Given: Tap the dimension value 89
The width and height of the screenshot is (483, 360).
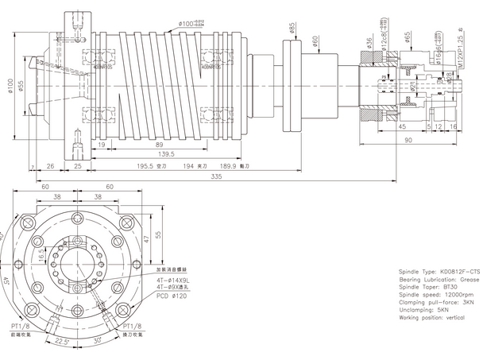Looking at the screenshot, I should click(x=160, y=144).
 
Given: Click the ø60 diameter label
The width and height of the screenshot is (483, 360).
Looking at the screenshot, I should click(x=315, y=40).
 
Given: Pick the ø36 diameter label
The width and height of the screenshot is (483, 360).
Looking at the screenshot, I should click(x=369, y=41).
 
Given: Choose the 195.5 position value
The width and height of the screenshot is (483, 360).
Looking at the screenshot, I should click(x=148, y=166).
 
